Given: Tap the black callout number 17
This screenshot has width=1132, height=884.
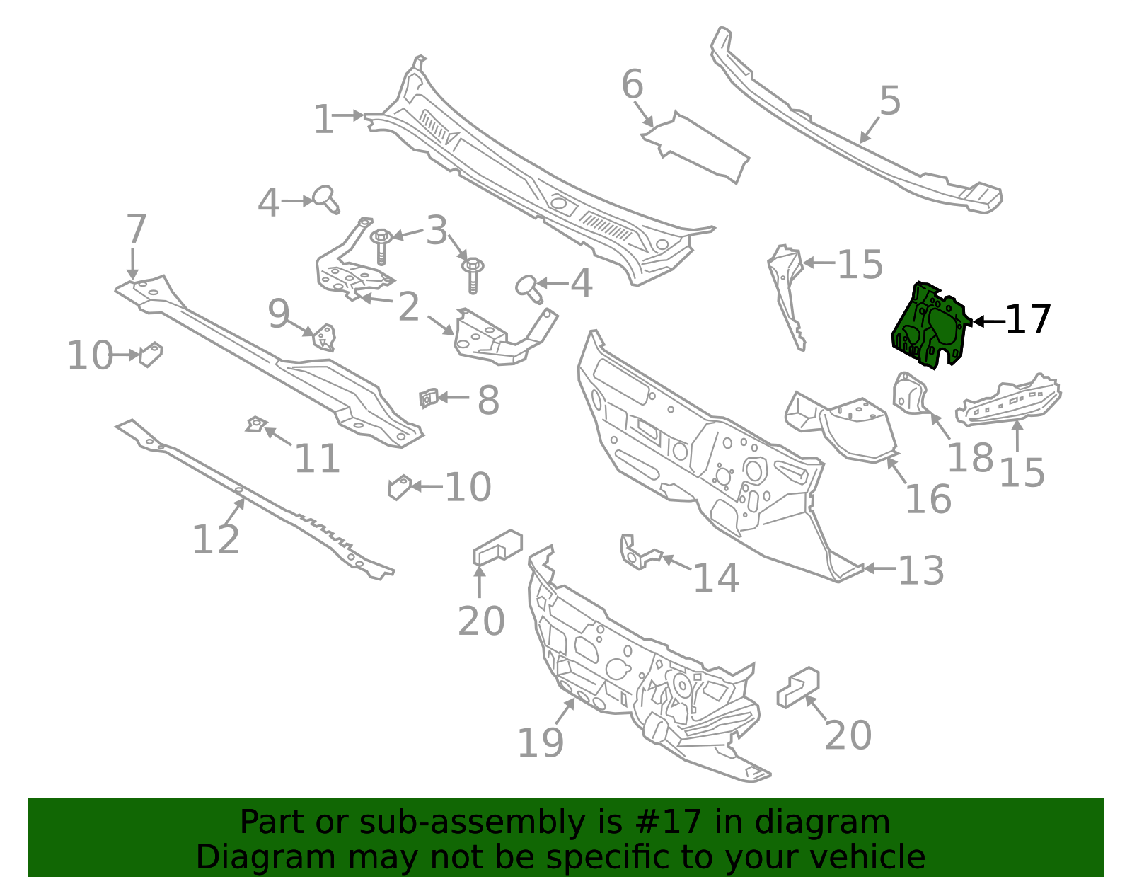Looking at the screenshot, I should pos(1028,321).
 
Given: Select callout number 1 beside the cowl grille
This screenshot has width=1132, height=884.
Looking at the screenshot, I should pos(323,119).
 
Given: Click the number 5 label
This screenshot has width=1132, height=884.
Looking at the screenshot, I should pos(890,101).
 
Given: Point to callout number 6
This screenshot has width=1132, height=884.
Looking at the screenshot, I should pos(632,84).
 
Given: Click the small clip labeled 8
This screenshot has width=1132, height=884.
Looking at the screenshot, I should pos(428,398).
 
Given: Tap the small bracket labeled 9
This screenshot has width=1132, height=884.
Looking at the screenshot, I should pos(325,337).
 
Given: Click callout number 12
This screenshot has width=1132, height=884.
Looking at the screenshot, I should pos(216,540).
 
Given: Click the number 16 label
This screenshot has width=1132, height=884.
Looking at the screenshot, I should pos(928,499).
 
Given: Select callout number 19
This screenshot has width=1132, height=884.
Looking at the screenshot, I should pos(541,743).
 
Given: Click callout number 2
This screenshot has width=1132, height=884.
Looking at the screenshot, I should pos(408,307).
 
